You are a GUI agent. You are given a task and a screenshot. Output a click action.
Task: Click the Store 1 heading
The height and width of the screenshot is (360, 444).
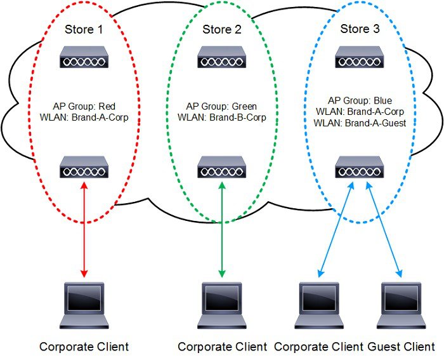point(84,30)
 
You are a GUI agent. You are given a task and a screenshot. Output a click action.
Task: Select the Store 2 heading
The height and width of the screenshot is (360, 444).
point(222,30)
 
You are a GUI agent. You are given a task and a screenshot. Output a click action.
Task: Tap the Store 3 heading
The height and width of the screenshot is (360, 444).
point(360,29)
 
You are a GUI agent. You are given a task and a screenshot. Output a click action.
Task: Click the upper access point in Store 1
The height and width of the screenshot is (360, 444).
point(84,57)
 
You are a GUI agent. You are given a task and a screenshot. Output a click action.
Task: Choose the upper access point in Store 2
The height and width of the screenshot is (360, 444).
point(222,57)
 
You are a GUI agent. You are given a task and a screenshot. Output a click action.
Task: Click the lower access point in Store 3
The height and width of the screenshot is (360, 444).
point(360,168)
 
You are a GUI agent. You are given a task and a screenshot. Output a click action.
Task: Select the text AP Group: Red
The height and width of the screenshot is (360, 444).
point(84,107)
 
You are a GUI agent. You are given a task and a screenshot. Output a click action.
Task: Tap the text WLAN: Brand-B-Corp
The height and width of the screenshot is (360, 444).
point(222,117)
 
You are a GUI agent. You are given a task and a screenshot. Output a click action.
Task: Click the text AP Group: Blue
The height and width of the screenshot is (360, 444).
point(360,100)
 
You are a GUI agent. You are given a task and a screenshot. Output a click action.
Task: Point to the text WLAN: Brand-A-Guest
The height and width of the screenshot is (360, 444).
point(360,123)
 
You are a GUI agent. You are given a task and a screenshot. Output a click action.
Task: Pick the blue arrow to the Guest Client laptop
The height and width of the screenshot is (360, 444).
point(384,229)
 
